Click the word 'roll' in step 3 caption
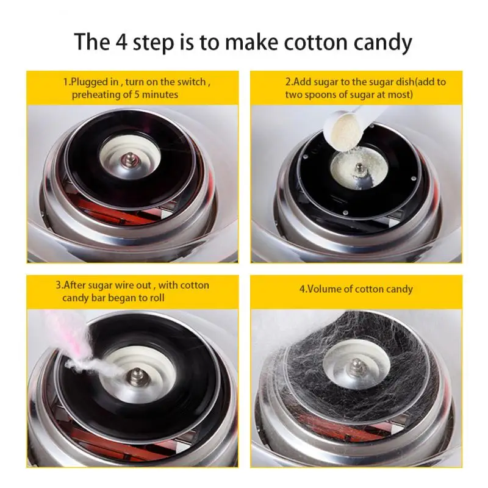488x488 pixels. point(171,298)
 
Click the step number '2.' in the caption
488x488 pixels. point(289,82)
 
